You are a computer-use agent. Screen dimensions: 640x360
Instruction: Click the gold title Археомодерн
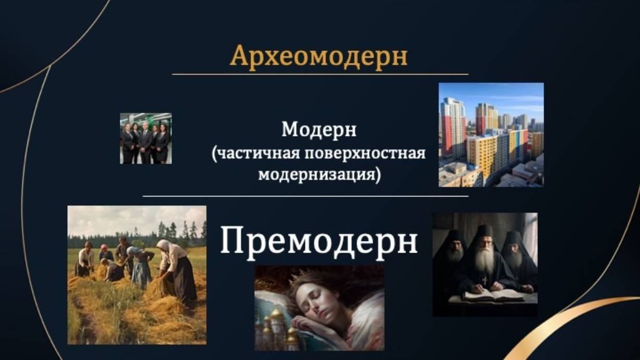(318, 56)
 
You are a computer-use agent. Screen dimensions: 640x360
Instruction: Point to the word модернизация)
(319, 175)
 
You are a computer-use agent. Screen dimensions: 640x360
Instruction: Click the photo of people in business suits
(146, 138)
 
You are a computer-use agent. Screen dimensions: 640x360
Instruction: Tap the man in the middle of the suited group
(146, 142)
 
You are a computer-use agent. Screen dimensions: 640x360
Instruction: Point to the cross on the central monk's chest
(485, 279)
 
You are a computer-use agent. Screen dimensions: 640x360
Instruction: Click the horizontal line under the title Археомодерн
(320, 75)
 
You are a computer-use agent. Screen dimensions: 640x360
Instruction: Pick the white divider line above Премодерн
(306, 196)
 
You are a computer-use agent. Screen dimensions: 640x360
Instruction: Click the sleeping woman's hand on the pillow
(314, 326)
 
